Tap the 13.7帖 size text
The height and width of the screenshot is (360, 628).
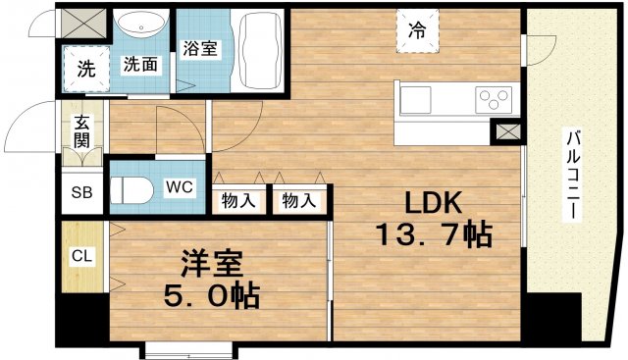click(x=432, y=236)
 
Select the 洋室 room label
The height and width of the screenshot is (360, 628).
click(x=210, y=264)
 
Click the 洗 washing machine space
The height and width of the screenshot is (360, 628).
click(x=85, y=70)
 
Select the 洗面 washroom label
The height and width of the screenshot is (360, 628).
click(x=139, y=65)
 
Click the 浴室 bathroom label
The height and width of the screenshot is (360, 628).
click(x=200, y=49)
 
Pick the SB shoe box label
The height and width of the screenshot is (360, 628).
click(x=79, y=192)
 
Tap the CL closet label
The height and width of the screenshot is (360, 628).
click(x=80, y=256)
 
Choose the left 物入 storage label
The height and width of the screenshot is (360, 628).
click(x=239, y=201)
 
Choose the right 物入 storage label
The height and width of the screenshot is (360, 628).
click(x=297, y=201)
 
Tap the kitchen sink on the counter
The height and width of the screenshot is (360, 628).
click(x=415, y=98)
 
